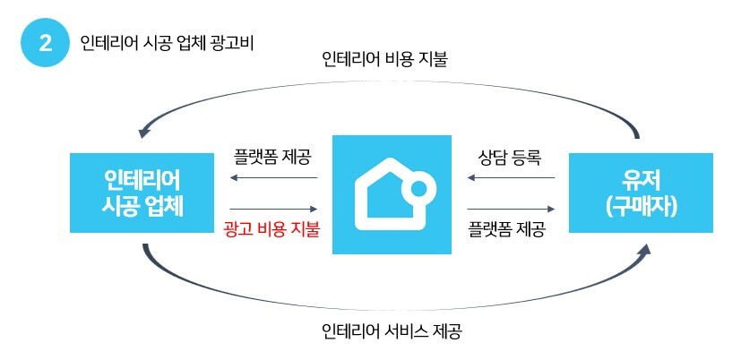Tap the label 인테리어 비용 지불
(x=384, y=61)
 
